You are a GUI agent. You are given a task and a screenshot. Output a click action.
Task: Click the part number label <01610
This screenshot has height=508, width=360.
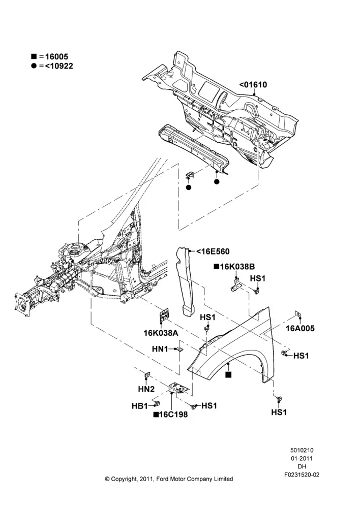point(253,85)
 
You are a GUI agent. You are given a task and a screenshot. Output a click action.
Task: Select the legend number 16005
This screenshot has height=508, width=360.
point(56,57)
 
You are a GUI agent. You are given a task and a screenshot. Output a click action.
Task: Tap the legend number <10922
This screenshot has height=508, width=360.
point(58,66)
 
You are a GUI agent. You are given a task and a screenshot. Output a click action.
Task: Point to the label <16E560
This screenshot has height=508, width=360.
point(213,251)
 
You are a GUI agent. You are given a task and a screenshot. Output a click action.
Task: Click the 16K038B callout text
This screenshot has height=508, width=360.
point(237,267)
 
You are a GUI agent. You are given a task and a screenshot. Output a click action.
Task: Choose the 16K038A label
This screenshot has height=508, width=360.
point(161,333)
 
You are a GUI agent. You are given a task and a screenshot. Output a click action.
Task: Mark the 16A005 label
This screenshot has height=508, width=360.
point(300,329)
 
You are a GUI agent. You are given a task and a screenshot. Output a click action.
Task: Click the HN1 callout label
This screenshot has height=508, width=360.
point(160,349)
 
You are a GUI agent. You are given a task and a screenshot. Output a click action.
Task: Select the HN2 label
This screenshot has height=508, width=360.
point(146,389)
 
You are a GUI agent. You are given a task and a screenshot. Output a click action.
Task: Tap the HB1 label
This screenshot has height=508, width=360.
point(140,406)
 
